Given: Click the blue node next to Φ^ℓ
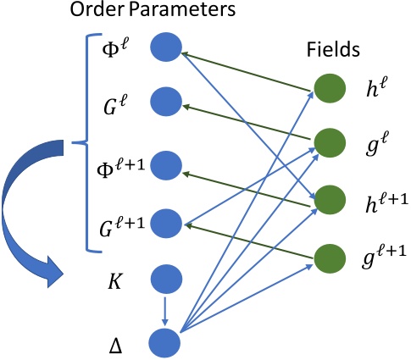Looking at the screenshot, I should pyautogui.click(x=166, y=47).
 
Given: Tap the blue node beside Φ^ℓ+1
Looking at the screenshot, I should pyautogui.click(x=166, y=163).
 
